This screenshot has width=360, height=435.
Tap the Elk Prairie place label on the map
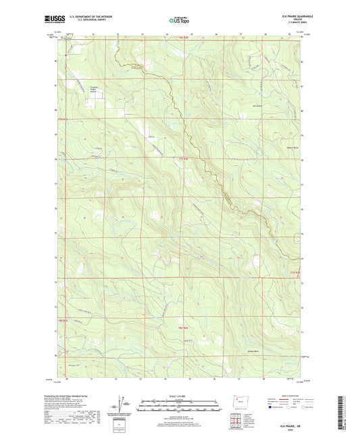coord(257,106)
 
